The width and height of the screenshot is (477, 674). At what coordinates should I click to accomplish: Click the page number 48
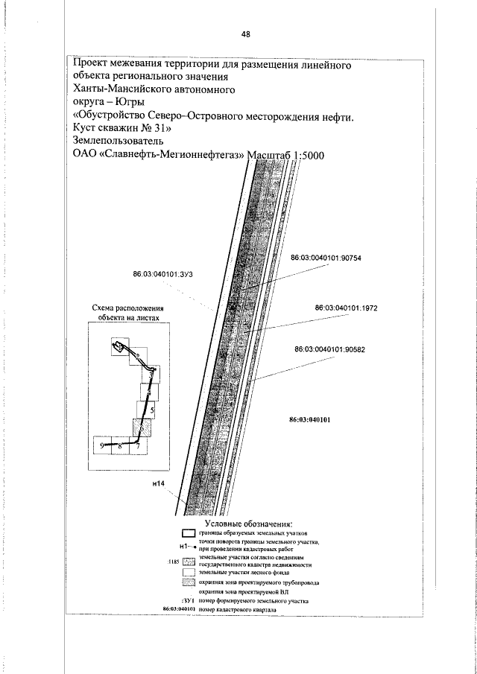(245, 34)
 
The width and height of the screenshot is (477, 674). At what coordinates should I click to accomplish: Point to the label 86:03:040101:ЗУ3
(163, 274)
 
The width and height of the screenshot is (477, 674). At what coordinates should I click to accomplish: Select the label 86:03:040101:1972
(347, 307)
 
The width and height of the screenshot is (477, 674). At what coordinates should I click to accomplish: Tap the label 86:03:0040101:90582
(335, 349)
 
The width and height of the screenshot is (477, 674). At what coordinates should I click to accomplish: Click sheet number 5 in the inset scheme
(152, 410)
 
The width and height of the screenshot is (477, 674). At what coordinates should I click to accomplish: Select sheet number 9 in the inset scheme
(101, 445)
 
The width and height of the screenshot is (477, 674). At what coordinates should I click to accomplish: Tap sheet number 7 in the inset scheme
(138, 445)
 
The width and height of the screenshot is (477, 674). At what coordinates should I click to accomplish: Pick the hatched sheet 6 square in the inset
(139, 428)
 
